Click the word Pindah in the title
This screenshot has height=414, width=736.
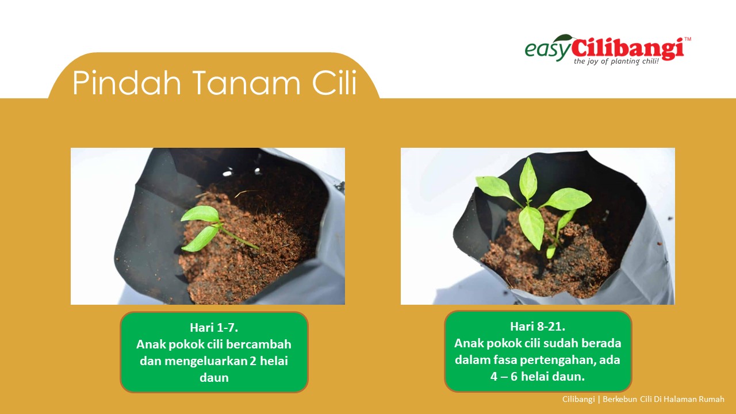pyautogui.click(x=126, y=82)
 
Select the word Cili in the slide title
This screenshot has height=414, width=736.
pyautogui.click(x=334, y=82)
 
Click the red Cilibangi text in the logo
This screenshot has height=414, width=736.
pyautogui.click(x=628, y=49)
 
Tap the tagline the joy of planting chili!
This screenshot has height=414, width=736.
pyautogui.click(x=616, y=62)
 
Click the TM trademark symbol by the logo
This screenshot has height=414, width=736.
pyautogui.click(x=688, y=39)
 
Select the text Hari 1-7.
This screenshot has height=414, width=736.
pyautogui.click(x=214, y=328)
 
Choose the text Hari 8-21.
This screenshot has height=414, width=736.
pyautogui.click(x=538, y=327)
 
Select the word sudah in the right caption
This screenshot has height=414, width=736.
pyautogui.click(x=560, y=343)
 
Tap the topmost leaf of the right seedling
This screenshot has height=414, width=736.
pyautogui.click(x=528, y=178)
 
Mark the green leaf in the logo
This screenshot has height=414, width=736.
pyautogui.click(x=565, y=38)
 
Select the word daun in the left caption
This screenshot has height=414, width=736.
pyautogui.click(x=214, y=378)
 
